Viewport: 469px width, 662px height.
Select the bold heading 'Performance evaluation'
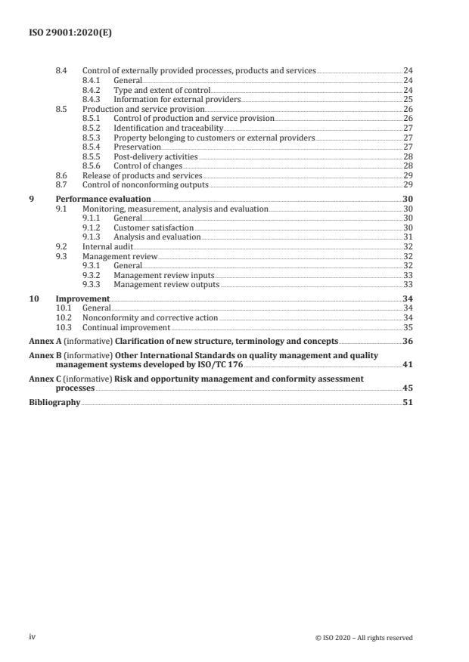coord(104,199)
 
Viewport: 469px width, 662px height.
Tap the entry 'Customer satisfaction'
coord(154,227)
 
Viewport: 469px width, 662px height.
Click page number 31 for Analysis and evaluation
coord(407,237)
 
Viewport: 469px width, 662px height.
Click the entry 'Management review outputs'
coord(166,285)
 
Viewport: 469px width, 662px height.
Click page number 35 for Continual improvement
coord(407,328)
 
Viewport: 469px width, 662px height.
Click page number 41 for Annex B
coord(407,364)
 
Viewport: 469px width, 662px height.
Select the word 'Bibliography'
coord(54,402)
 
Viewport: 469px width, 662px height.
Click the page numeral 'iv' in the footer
coord(33,637)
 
